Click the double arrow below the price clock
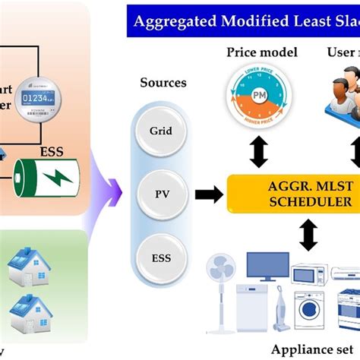(x=259, y=152)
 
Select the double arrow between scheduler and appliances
(x=308, y=234)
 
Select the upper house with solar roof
(x=28, y=264)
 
